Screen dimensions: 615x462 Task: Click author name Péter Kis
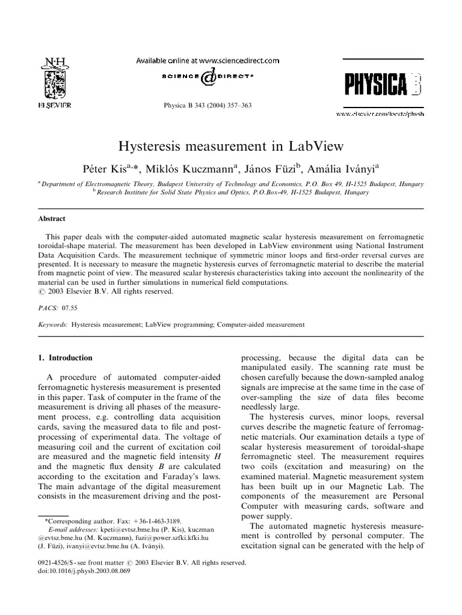(x=105, y=168)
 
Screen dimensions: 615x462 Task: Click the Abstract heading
(x=52, y=219)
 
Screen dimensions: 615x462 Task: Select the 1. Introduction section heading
(x=65, y=358)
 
